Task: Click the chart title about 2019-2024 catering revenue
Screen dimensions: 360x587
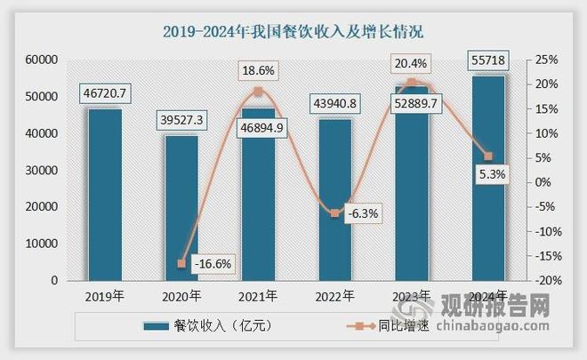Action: pyautogui.click(x=293, y=31)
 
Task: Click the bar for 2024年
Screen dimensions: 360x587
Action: pyautogui.click(x=488, y=178)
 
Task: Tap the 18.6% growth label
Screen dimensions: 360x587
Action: pyautogui.click(x=259, y=68)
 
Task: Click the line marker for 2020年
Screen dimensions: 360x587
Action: pyautogui.click(x=182, y=263)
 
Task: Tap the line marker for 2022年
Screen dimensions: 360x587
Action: pyautogui.click(x=335, y=213)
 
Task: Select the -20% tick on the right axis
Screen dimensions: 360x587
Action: pyautogui.click(x=543, y=281)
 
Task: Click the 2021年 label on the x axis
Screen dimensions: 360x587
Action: pyautogui.click(x=259, y=297)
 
